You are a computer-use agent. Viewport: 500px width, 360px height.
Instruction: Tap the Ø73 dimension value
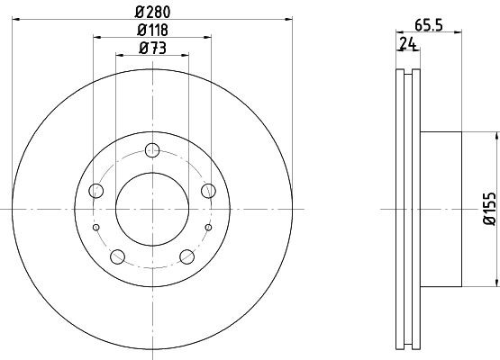coord(151,50)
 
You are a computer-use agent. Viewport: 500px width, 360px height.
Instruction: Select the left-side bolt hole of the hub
coord(96,190)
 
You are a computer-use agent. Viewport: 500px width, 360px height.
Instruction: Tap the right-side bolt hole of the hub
coord(208,190)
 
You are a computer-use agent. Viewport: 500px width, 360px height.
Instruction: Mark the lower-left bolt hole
coord(117,256)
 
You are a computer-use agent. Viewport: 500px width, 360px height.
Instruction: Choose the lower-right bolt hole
coord(186,256)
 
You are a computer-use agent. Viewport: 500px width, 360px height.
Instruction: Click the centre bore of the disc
coord(152,208)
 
